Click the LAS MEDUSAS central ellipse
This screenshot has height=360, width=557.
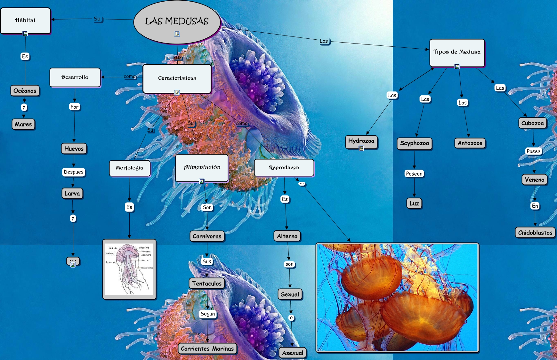coord(177,21)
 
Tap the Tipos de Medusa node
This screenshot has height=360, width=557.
coord(457,52)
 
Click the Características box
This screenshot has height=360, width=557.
coord(177,78)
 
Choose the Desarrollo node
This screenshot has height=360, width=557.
coord(75,77)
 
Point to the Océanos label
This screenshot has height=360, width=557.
coord(25,91)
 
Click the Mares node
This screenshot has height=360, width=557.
coord(23,124)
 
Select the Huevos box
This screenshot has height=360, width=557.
coord(74,148)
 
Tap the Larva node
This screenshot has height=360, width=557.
coord(72,193)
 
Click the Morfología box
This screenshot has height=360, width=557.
coord(130,168)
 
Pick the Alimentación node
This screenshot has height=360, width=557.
coord(202,167)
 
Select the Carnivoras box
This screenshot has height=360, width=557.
coord(207,236)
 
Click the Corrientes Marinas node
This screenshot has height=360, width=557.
coord(207,348)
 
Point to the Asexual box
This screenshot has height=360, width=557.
coord(293,353)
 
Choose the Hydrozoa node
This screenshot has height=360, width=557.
coord(361,141)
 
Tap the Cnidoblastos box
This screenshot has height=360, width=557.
coord(535,233)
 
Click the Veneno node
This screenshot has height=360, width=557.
coord(535,180)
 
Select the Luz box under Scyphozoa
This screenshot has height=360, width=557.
coord(414,203)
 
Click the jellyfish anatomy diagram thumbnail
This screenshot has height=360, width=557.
coord(129,269)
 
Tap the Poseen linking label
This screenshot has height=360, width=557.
coord(414,174)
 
